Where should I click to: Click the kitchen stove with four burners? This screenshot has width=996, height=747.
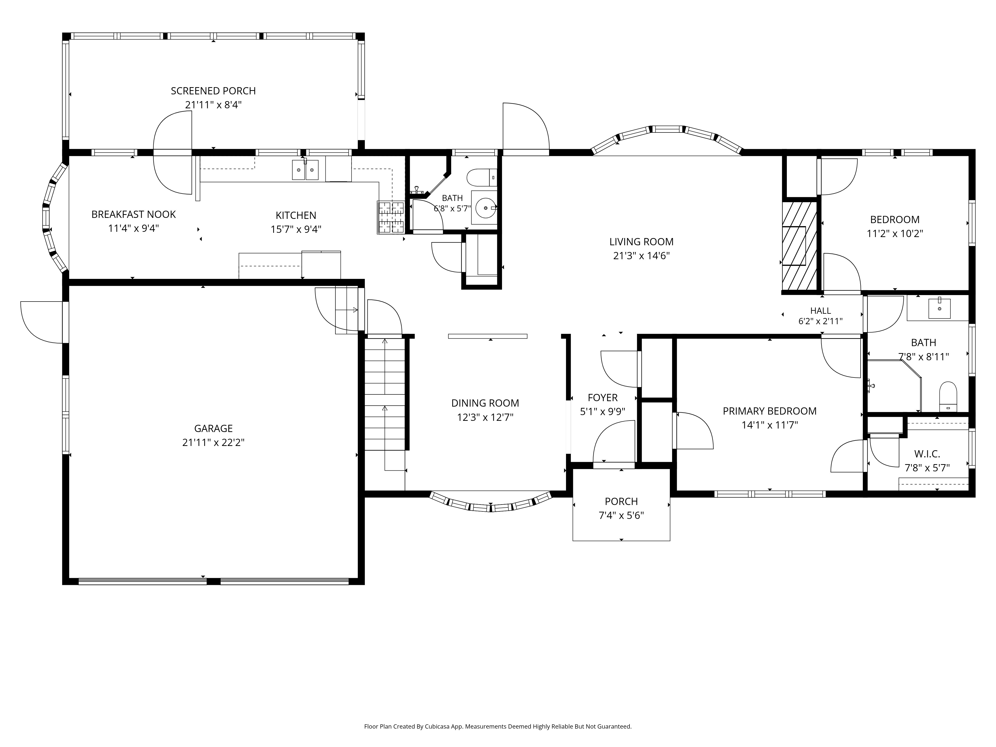coord(391,217)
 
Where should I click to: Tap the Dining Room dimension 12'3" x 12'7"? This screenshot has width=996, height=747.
coord(485,417)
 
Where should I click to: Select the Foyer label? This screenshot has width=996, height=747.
coord(603,398)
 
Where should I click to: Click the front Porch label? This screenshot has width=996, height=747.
coord(621,501)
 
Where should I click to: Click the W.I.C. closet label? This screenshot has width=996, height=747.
coord(927,454)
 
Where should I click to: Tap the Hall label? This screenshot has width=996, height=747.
coord(820,311)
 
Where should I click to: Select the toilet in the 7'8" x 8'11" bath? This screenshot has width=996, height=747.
coord(948,396)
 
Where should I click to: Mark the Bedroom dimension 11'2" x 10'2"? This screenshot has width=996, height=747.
coord(895,234)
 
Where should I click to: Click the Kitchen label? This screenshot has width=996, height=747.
coord(296,215)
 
